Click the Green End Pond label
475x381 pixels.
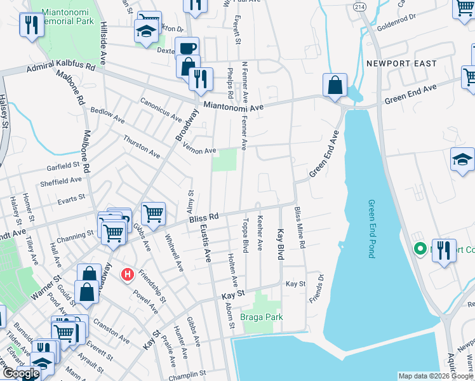coord(371,229)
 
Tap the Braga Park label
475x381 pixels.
coord(261,316)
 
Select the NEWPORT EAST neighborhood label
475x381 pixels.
coord(401,63)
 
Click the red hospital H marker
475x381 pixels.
coord(128,274)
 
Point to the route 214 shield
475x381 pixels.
coord(360,6)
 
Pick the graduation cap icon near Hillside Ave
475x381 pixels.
coord(145,33)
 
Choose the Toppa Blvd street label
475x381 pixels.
coord(244,234)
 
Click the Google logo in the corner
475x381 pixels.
coord(21,373)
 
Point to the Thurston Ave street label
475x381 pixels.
coord(142,145)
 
